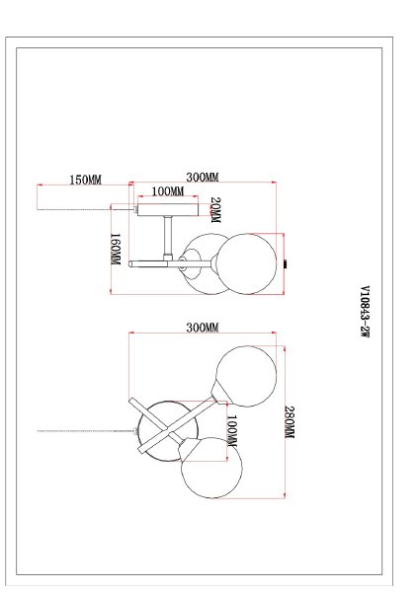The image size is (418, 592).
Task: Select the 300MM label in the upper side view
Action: click(x=202, y=178)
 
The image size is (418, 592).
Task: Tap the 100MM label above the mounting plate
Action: click(x=167, y=191)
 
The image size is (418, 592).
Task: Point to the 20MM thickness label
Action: click(x=214, y=209)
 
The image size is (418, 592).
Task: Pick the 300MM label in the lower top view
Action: click(x=202, y=329)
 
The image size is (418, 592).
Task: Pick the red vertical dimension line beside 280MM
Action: click(x=281, y=424)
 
